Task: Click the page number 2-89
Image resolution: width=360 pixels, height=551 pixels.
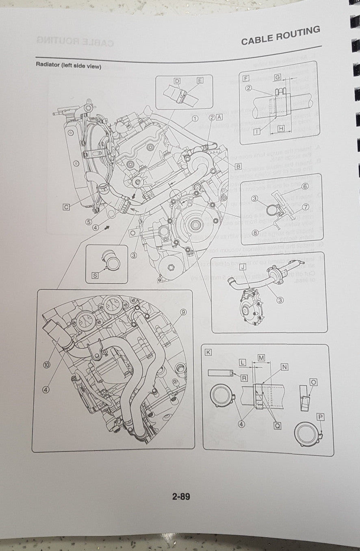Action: pos(181,497)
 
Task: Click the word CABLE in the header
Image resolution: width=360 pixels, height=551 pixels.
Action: pos(257,39)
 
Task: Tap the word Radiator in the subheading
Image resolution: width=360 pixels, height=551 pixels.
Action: pos(48,65)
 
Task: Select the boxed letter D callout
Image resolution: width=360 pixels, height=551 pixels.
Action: pos(177,81)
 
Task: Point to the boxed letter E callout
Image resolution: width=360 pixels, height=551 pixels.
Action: pos(200,80)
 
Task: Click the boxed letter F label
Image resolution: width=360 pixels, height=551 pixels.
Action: pos(245,77)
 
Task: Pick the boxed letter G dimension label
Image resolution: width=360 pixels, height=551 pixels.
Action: pos(278,77)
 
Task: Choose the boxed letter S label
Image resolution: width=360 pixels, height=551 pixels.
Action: pos(95,275)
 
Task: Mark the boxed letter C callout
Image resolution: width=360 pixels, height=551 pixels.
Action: pos(66,207)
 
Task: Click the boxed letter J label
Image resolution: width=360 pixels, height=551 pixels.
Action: pos(243,267)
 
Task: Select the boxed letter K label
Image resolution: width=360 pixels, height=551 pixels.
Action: pos(208,352)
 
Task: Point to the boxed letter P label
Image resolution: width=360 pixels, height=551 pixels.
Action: pos(321,417)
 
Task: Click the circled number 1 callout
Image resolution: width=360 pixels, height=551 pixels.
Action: pos(195,118)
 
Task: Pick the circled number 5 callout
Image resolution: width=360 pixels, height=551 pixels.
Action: pos(88,222)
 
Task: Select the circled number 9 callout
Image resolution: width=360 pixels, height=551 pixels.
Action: pos(183,312)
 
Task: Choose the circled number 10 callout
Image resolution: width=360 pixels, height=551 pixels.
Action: pos(47,365)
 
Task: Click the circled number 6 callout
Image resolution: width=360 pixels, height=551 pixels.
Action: pos(305,186)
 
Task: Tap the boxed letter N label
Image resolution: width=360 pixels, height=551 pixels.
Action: pos(284,367)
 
